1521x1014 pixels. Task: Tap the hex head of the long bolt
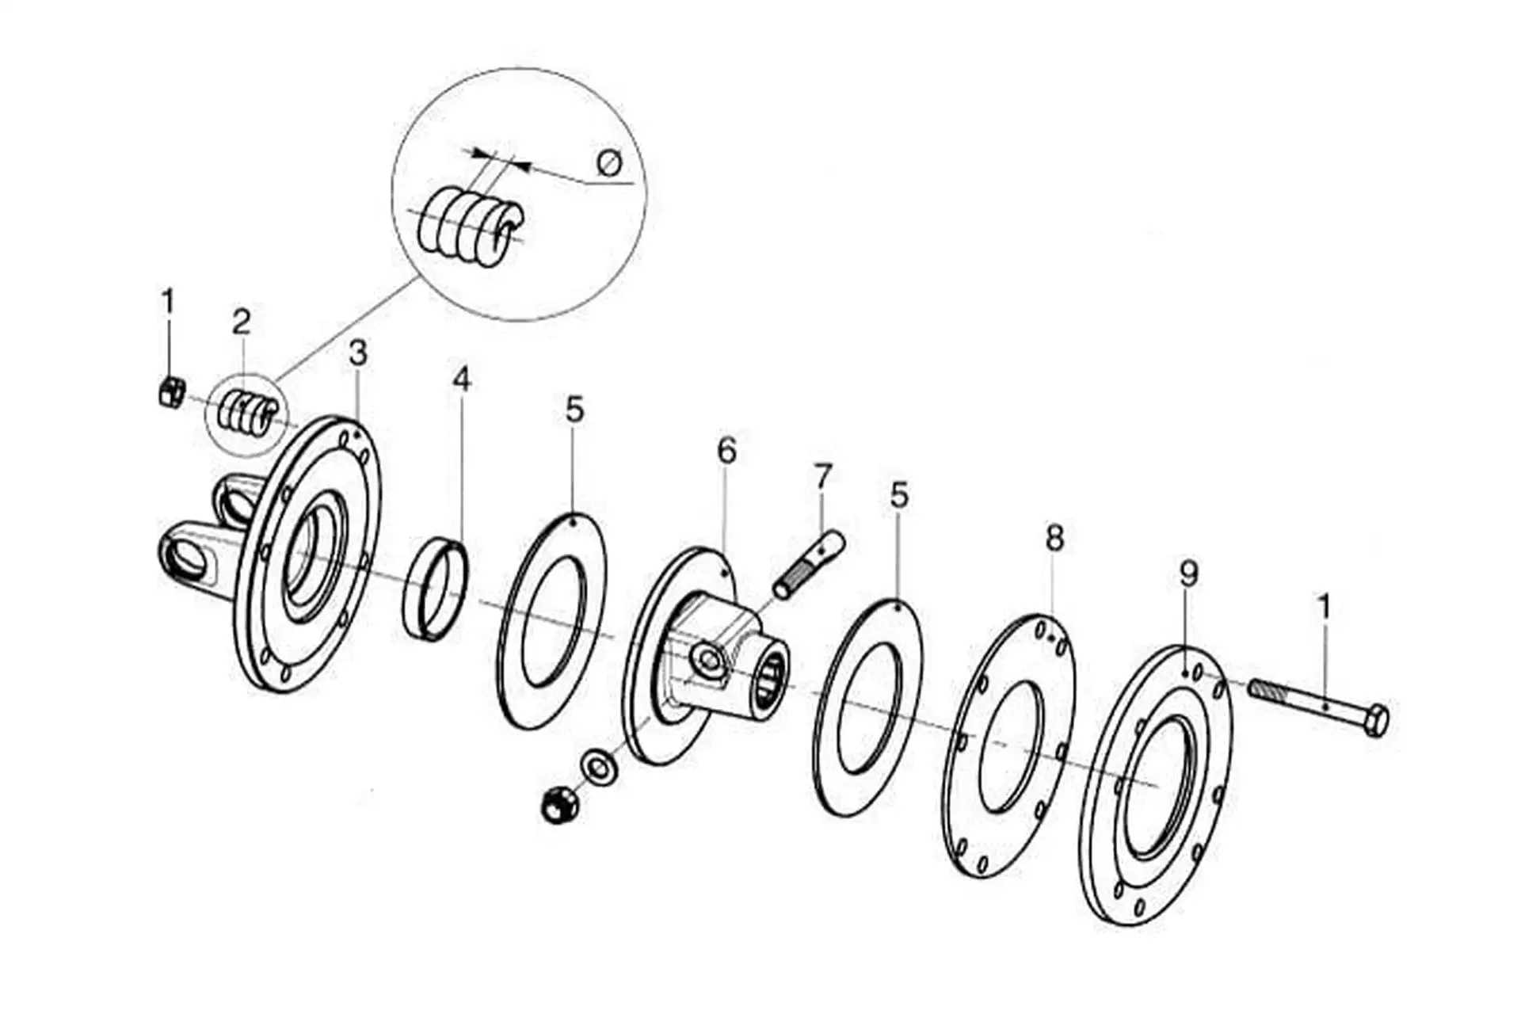(x=1376, y=720)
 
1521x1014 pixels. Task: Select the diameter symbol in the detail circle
(x=609, y=163)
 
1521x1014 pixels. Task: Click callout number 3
(x=358, y=353)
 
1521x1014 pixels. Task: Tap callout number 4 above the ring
(x=462, y=379)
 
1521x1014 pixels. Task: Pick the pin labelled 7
(x=809, y=567)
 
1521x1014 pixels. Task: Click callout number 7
(x=824, y=477)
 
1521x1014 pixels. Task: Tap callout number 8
(x=1054, y=538)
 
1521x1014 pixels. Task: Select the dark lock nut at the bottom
(x=561, y=805)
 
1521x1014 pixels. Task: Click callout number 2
(x=242, y=322)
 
